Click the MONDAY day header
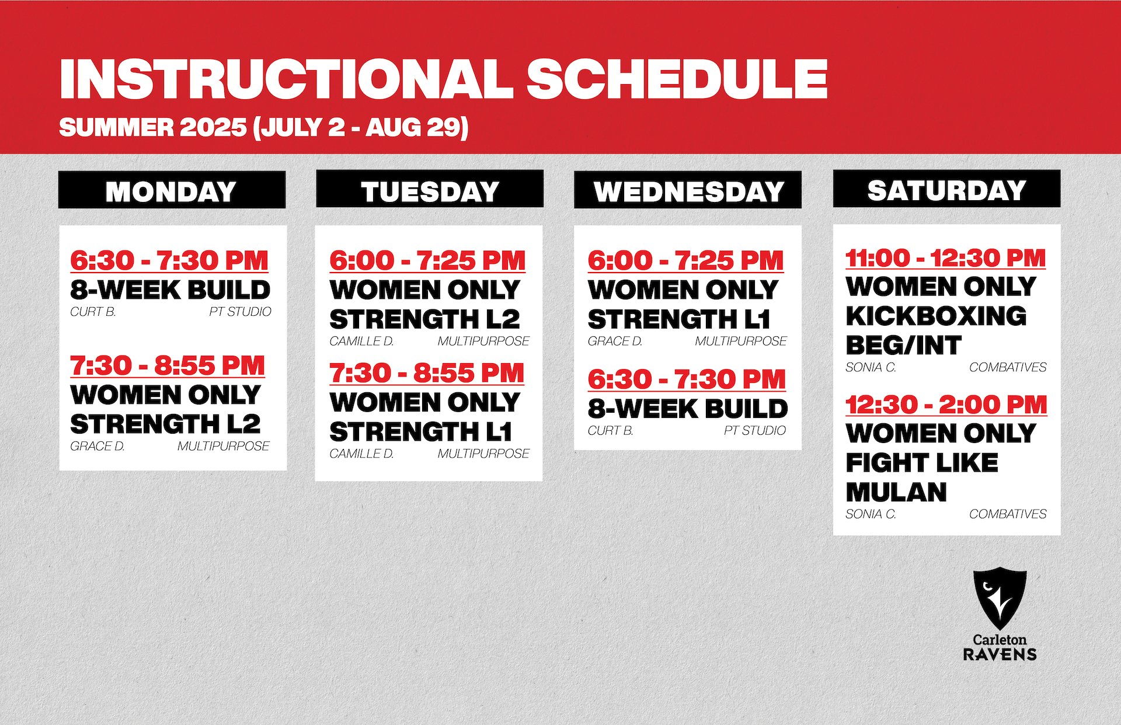172,190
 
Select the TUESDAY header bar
430,189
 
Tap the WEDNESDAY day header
688,190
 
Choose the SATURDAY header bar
946,189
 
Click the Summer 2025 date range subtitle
264,127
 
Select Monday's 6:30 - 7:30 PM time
169,260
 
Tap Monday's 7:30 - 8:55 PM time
168,365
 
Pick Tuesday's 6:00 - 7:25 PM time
427,260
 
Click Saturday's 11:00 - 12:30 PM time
946,258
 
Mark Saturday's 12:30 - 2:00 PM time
946,405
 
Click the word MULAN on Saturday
896,492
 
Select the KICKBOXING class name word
936,316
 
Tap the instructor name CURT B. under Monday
93,312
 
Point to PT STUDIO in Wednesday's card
755,430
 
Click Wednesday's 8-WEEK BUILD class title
688,409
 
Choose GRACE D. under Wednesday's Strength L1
615,341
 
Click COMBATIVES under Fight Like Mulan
1008,514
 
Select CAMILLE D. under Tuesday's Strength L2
361,341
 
